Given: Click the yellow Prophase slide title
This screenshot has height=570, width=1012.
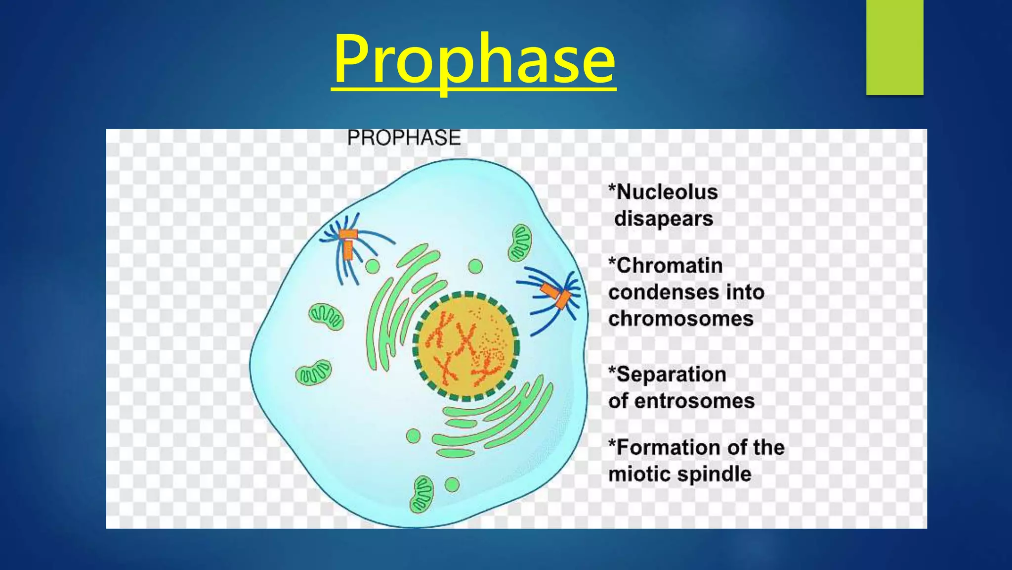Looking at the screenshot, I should click(x=474, y=60).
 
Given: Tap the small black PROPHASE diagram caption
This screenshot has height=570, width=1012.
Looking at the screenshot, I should click(x=404, y=138).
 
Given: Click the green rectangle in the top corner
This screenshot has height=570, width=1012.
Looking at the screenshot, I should click(x=894, y=47).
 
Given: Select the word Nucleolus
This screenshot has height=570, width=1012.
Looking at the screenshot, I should click(x=667, y=192).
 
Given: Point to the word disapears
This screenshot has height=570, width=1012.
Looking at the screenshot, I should click(x=664, y=219).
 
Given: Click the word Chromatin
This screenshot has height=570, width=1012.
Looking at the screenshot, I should click(x=670, y=266).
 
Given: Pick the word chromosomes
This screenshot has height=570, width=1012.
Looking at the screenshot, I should click(x=681, y=319).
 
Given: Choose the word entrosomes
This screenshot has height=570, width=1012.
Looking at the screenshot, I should click(x=694, y=401).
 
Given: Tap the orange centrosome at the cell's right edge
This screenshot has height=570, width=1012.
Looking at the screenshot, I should click(x=556, y=295).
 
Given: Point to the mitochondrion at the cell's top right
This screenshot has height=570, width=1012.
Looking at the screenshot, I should click(x=520, y=242).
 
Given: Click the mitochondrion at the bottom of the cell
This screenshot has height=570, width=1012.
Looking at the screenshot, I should click(x=422, y=494).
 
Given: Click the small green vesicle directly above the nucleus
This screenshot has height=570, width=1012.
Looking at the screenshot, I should click(x=475, y=267).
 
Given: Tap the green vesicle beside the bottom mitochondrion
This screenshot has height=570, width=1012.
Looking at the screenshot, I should click(x=452, y=484).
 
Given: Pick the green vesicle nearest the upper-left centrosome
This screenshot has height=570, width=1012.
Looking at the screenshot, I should click(x=373, y=267).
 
